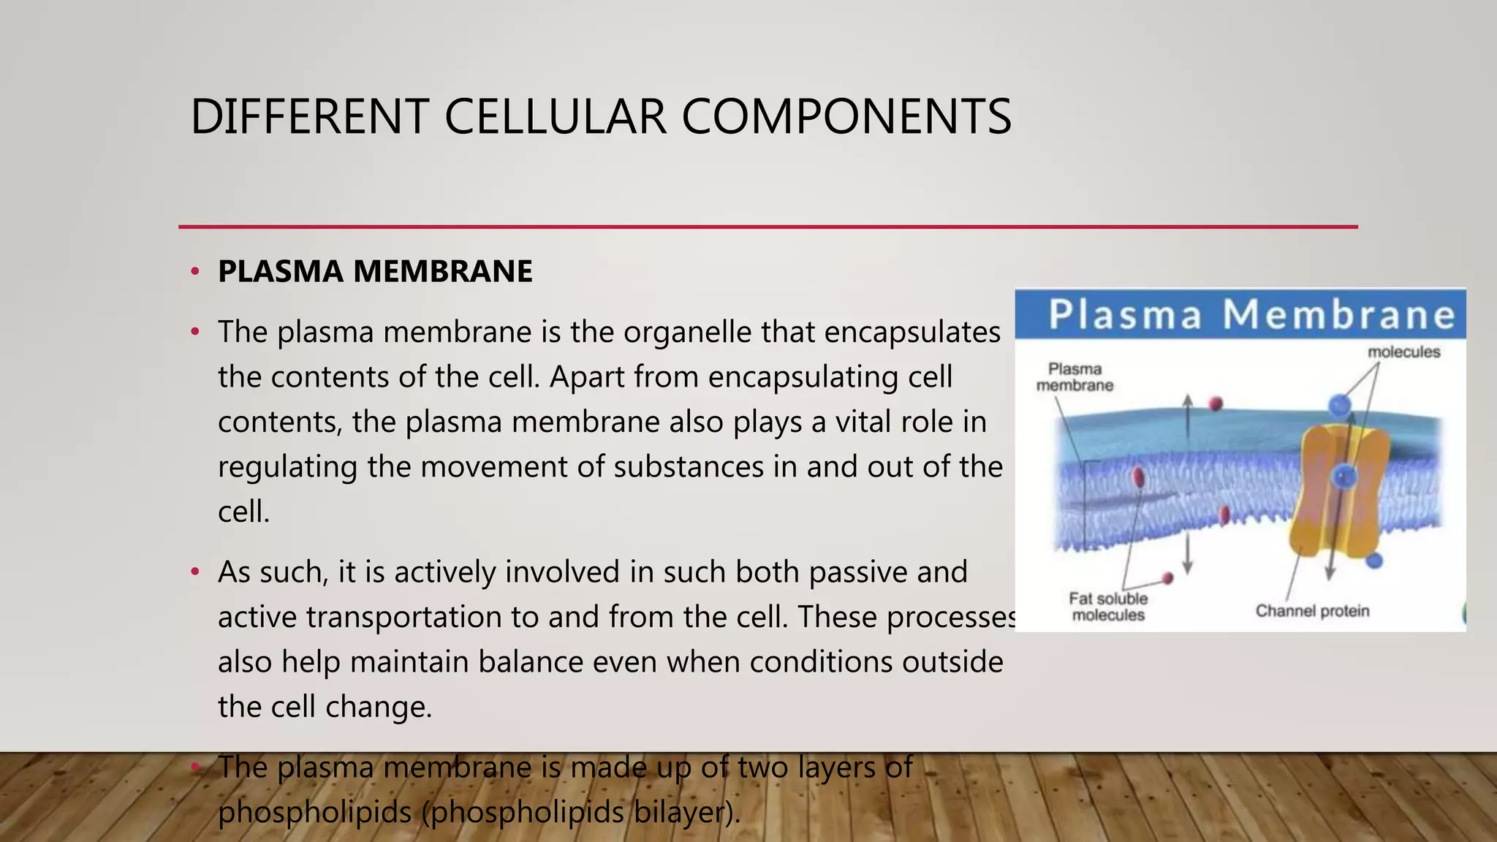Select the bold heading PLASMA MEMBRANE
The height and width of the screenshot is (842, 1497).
point(375,271)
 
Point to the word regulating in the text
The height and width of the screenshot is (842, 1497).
point(287,467)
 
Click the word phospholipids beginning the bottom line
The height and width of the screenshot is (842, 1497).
point(314,812)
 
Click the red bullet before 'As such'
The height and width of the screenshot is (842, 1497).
point(194,572)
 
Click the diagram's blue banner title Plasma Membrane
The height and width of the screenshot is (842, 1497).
point(1251,314)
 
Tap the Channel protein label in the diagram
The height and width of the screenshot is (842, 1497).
point(1312,611)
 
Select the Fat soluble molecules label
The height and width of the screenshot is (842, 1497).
point(1108,607)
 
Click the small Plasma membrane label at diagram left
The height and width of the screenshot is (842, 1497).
point(1075,377)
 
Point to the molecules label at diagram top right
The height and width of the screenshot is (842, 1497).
point(1403,352)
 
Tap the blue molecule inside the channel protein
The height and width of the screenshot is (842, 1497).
point(1344,477)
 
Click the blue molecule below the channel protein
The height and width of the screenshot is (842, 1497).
point(1374,561)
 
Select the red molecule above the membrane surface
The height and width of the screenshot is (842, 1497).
point(1216,403)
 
